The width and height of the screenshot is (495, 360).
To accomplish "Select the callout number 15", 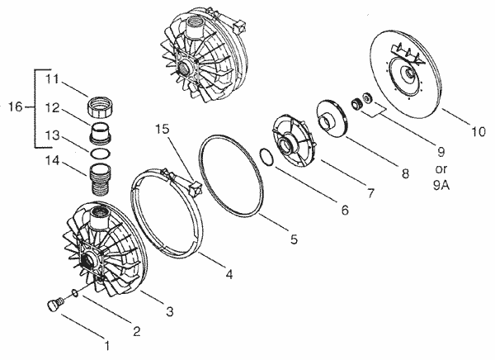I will point(163,130).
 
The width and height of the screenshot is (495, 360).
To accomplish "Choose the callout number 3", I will point(169,311).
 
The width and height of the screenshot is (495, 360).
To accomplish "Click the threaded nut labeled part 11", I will point(103,107).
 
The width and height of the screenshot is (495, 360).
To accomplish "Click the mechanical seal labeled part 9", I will point(359,104).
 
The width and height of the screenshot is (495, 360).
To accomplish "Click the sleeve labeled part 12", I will point(99,131).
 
